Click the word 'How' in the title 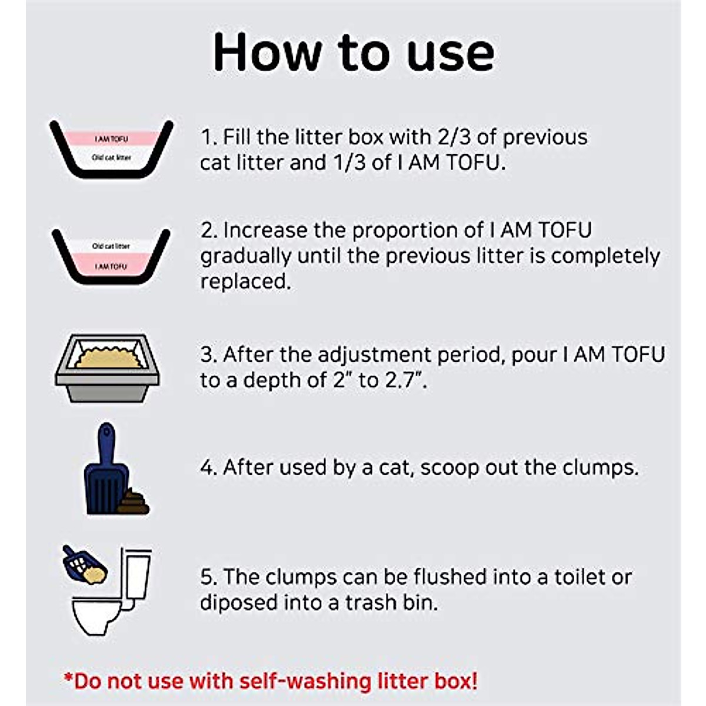tap(267, 52)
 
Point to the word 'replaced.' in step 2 tap(246, 281)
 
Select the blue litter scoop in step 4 tap(106, 471)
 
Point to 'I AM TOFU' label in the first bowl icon tap(111, 139)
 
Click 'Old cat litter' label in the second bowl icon tap(111, 246)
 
